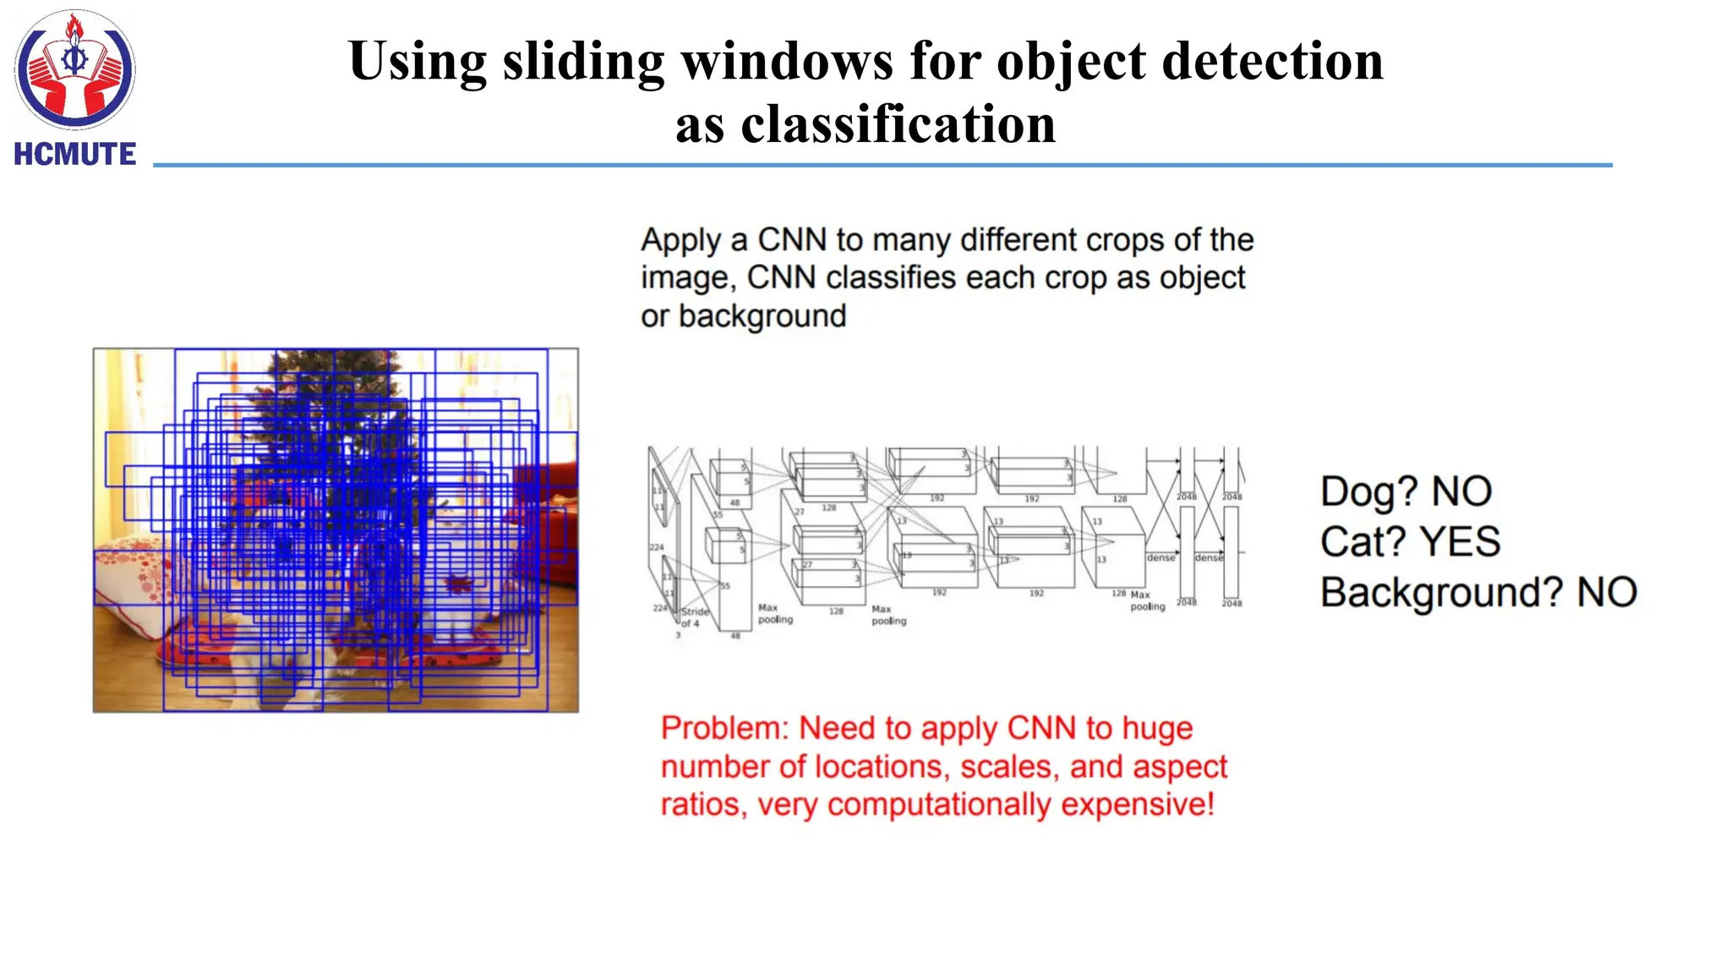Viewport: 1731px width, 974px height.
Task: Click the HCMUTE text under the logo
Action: (x=74, y=154)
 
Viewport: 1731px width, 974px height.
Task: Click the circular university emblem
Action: (x=74, y=69)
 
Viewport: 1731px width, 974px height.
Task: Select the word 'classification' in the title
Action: (x=898, y=124)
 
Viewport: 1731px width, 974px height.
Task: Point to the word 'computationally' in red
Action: (x=938, y=804)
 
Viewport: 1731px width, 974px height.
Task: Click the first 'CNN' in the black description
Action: (x=791, y=240)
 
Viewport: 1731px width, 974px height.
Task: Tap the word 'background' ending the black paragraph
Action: (x=762, y=316)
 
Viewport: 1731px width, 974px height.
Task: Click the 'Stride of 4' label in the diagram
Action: (x=695, y=617)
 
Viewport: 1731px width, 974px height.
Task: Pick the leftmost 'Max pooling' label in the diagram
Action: (x=774, y=614)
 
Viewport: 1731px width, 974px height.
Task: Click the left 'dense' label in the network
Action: (x=1160, y=558)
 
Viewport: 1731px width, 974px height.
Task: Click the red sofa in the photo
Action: (x=549, y=507)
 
